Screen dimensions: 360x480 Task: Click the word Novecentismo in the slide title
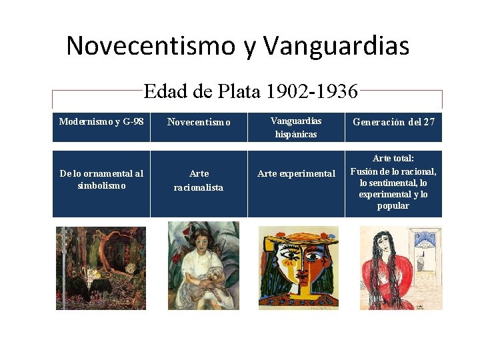[151, 46]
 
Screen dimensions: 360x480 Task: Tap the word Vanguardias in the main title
[336, 46]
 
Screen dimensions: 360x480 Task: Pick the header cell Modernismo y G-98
[101, 122]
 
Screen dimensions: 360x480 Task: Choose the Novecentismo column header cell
[199, 122]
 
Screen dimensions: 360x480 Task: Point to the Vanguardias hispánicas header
[296, 127]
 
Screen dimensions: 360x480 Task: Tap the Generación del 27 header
[393, 122]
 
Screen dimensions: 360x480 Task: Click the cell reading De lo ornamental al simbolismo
[101, 179]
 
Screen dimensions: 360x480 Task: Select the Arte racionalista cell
[199, 180]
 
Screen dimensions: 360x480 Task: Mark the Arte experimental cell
[296, 173]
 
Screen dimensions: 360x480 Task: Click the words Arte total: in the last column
[393, 158]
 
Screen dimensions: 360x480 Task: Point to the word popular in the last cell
[393, 206]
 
